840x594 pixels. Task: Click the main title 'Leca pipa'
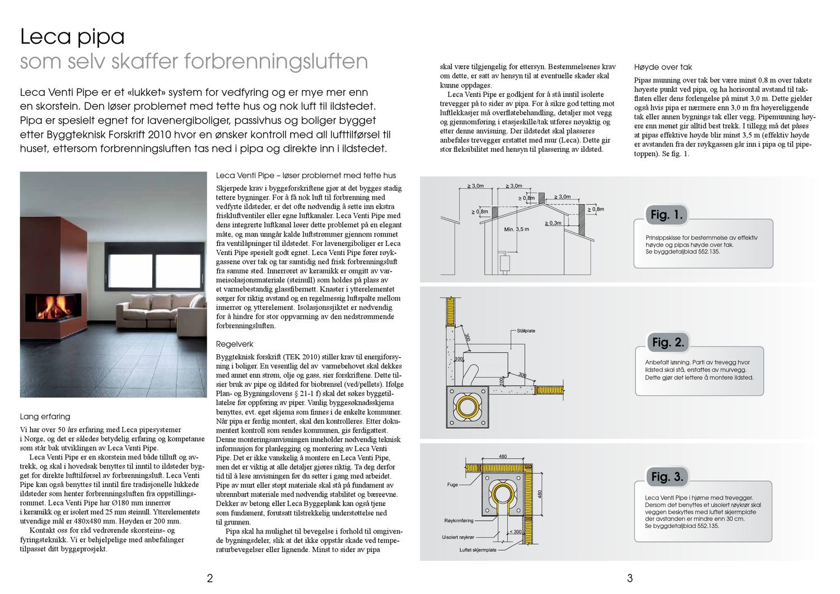pos(72,37)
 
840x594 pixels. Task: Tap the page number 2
pos(210,578)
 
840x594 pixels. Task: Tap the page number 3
pos(629,578)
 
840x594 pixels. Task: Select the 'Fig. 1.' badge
pos(666,215)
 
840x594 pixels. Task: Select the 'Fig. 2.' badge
pos(668,342)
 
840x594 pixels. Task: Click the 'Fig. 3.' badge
pos(667,477)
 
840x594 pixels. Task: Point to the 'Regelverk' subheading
pos(235,344)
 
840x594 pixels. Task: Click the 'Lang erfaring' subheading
pos(45,416)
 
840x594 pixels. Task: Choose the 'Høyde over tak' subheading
pos(663,67)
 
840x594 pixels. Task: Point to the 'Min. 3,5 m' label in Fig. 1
pos(516,229)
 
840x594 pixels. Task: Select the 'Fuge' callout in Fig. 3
pos(452,485)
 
